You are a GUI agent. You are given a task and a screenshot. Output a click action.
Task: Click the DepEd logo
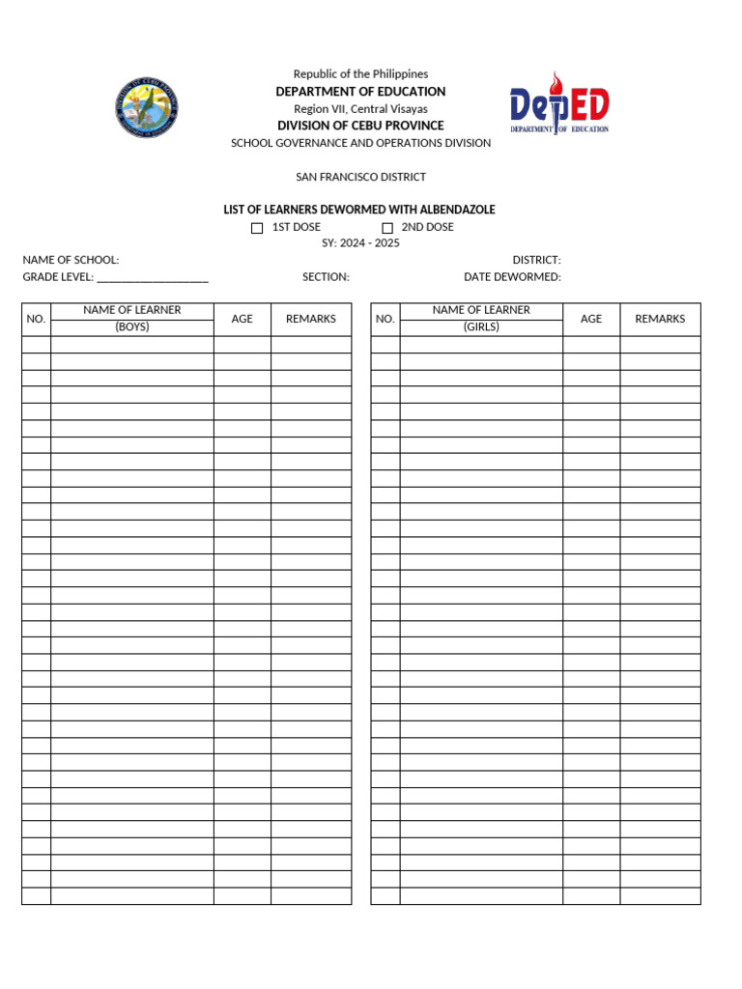click(559, 102)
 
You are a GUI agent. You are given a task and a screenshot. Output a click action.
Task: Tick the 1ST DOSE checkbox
click(257, 228)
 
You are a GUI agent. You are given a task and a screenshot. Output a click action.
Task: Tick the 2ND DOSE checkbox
click(387, 228)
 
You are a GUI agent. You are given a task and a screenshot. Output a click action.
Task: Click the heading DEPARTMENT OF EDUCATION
click(360, 92)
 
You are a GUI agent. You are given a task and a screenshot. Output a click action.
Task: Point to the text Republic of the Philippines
click(360, 74)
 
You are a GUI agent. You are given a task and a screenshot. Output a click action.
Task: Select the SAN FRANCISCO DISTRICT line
click(360, 177)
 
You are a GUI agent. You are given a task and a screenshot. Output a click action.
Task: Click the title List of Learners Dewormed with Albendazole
click(359, 210)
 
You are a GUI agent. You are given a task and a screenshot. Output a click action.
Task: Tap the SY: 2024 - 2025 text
click(360, 243)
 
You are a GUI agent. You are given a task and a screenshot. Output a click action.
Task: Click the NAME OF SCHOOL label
click(71, 260)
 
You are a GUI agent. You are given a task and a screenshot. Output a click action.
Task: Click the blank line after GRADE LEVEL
click(153, 278)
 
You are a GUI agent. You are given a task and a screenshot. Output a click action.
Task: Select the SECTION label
click(326, 277)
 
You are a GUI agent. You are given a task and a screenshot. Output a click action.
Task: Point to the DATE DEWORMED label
click(512, 277)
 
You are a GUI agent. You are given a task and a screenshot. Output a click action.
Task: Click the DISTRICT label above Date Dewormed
click(536, 260)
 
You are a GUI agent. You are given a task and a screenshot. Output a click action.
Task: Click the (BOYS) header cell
click(132, 327)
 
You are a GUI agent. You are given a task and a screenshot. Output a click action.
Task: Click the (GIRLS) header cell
click(481, 327)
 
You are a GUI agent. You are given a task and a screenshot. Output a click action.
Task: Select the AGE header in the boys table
click(243, 319)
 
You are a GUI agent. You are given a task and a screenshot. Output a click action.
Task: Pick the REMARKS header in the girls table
click(660, 319)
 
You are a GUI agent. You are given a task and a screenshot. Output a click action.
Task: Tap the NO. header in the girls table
click(385, 319)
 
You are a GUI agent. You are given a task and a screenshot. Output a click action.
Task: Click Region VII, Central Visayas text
click(360, 109)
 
